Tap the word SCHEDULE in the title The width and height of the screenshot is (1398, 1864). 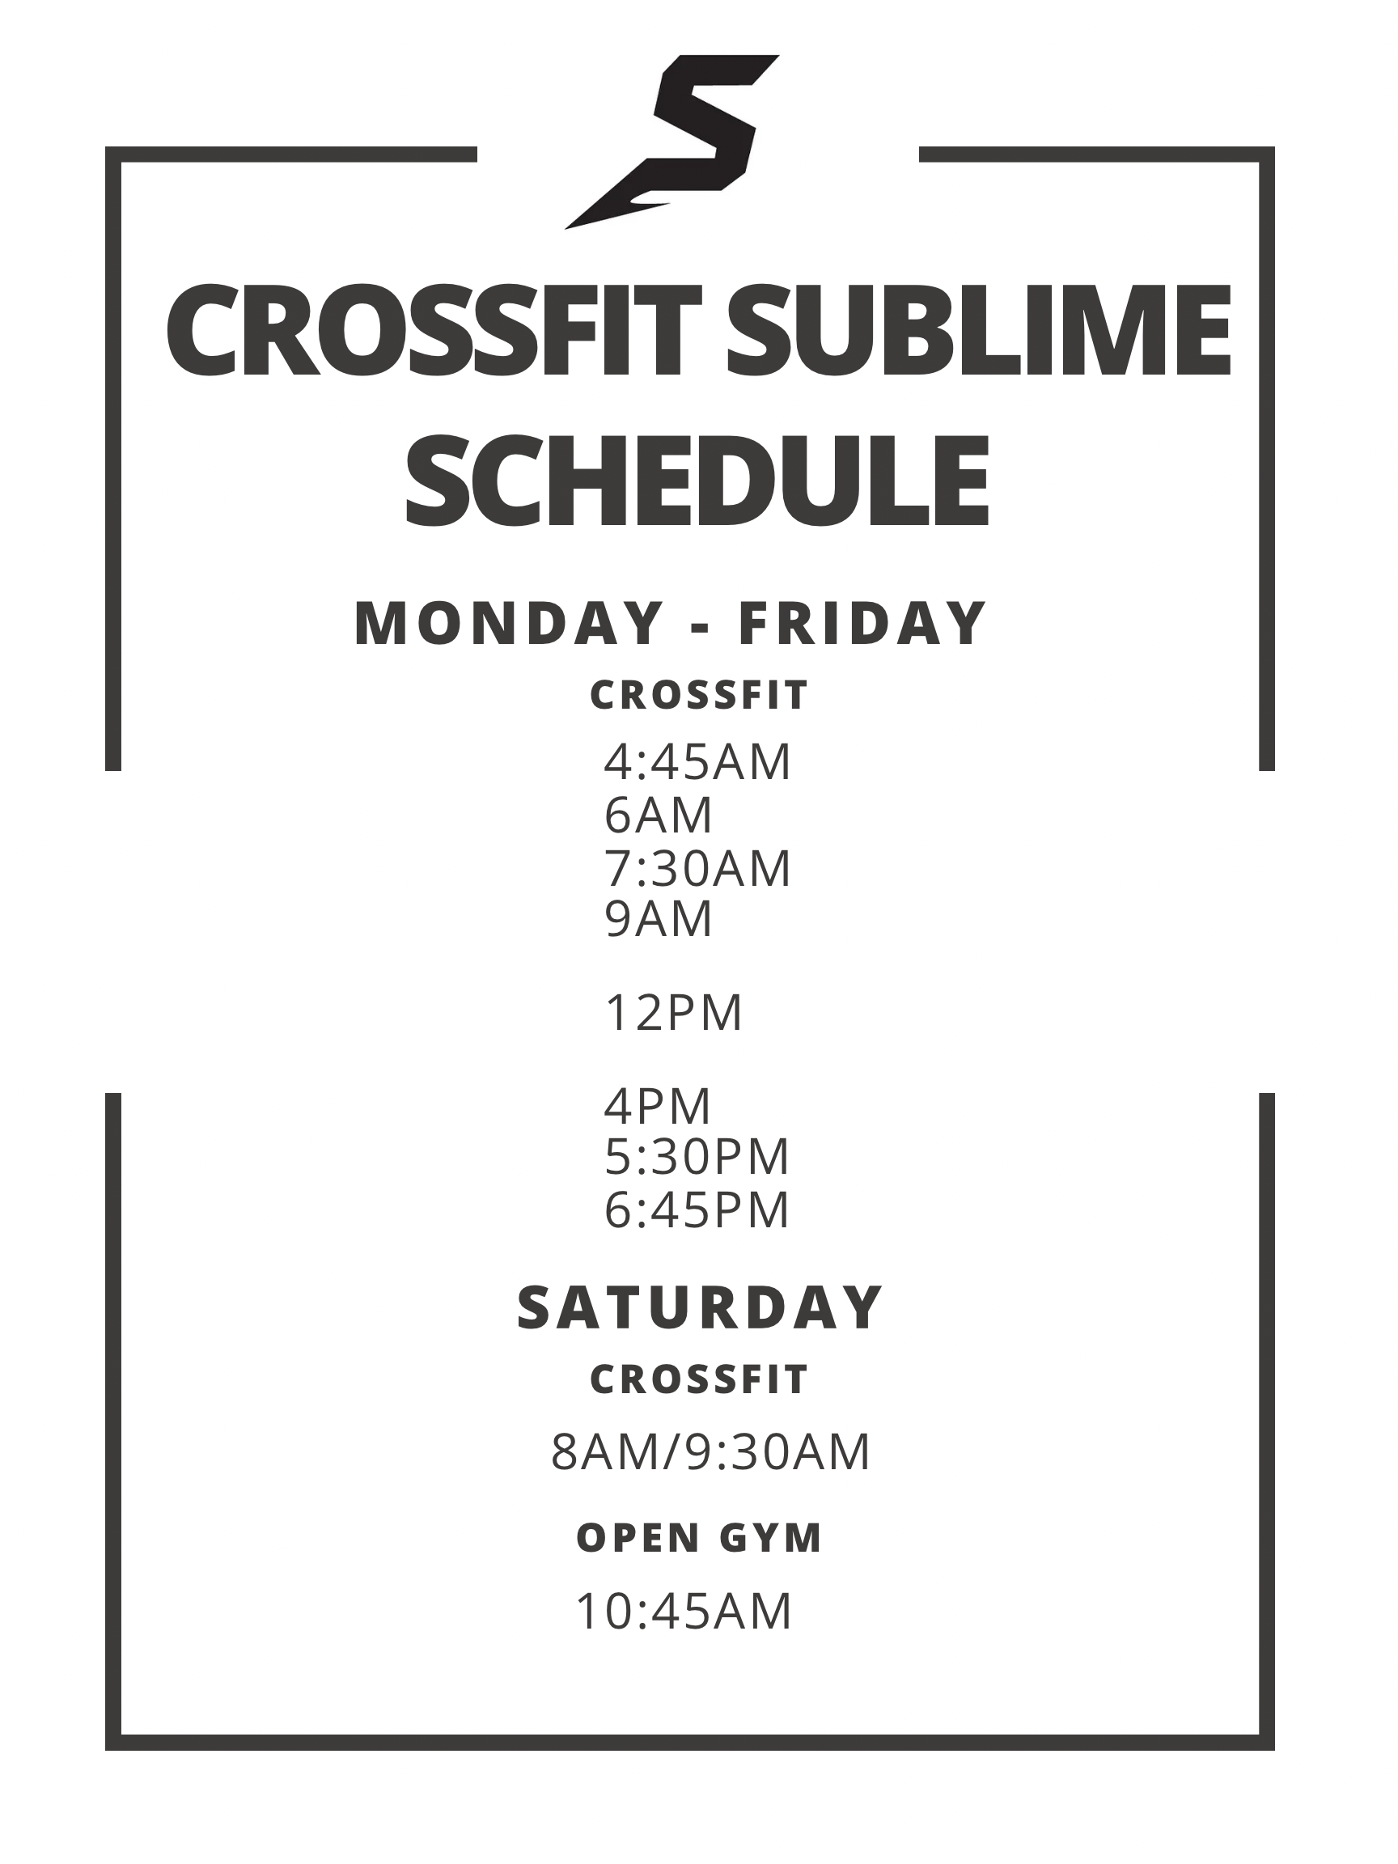point(697,480)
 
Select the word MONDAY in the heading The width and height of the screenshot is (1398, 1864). point(509,624)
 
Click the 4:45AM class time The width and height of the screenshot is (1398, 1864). point(697,762)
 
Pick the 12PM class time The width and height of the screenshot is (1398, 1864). point(674,1012)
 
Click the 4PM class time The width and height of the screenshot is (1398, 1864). point(658,1106)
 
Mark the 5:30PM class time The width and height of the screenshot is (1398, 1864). point(697,1156)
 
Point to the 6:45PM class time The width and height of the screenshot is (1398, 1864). point(697,1209)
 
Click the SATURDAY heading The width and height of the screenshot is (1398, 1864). point(700,1308)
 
